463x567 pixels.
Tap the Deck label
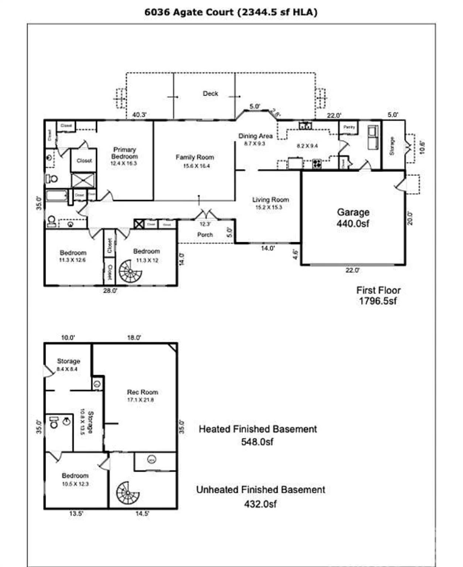(210, 94)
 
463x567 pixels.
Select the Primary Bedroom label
(124, 153)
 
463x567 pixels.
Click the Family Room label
(195, 158)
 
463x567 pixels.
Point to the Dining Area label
(255, 136)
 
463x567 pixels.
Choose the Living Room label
(270, 200)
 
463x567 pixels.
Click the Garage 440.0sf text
(353, 218)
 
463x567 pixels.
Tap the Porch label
(205, 234)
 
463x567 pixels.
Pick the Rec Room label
(143, 392)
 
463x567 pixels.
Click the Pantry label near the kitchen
(349, 127)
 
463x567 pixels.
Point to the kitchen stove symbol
(317, 163)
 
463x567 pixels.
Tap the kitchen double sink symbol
(305, 126)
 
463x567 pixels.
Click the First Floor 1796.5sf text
(378, 296)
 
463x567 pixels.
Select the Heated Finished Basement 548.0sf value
(257, 442)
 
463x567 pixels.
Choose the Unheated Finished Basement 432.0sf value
(260, 504)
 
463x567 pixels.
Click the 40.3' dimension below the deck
(139, 115)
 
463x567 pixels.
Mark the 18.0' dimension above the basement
(134, 337)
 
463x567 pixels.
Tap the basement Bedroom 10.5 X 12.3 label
(75, 479)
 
